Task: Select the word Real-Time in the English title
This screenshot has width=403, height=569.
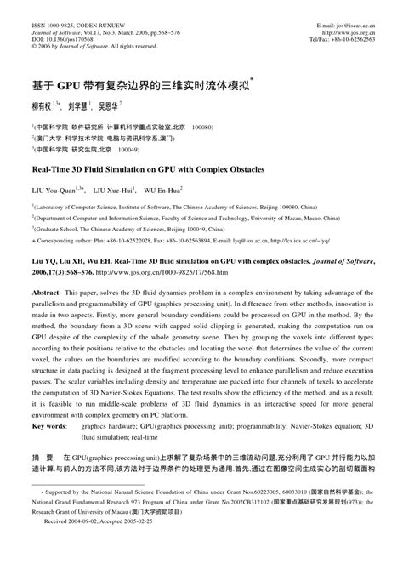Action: pyautogui.click(x=56, y=170)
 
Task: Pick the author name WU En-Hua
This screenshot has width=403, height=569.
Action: pyautogui.click(x=169, y=191)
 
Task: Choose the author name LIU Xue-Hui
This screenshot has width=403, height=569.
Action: pyautogui.click(x=114, y=191)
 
